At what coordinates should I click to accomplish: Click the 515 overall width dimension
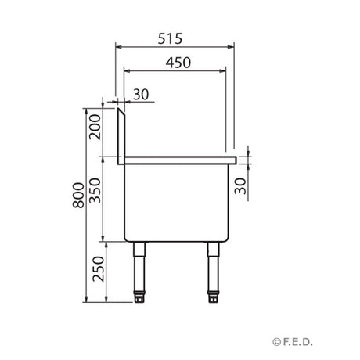[176, 37]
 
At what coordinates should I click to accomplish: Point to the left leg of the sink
[140, 266]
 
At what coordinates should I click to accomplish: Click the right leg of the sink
[213, 266]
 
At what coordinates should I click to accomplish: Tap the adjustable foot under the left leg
[140, 297]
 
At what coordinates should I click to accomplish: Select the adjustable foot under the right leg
[213, 297]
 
